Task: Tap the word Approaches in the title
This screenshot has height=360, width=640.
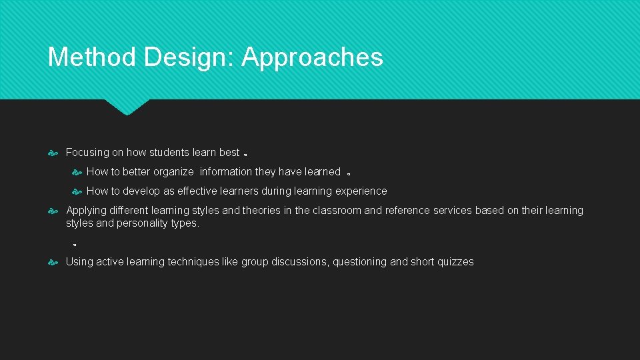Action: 312,57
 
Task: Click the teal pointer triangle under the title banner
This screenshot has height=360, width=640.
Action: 127,107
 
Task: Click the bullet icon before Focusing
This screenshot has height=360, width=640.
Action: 54,153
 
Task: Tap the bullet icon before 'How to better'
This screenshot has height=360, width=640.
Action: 77,172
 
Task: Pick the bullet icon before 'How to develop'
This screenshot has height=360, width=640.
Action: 77,191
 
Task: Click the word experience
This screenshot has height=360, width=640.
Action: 361,191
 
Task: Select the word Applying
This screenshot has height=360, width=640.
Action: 86,211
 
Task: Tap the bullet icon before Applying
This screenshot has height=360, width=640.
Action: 54,211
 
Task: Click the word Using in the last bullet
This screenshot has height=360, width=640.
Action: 79,262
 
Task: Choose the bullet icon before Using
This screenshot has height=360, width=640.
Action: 54,262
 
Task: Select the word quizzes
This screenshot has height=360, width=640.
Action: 455,262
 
